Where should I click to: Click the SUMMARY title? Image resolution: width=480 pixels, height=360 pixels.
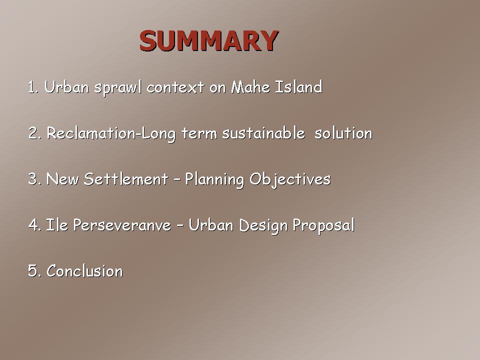[209, 40]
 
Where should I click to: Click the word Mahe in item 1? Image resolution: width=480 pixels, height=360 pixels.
[250, 87]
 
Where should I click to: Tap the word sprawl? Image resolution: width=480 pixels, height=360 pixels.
[118, 88]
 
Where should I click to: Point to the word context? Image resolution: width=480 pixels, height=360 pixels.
[175, 87]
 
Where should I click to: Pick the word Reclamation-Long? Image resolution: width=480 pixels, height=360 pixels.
[111, 134]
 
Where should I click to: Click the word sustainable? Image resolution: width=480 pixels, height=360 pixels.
[263, 133]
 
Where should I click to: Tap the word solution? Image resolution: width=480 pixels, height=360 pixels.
[343, 133]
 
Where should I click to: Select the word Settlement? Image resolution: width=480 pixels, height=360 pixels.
[126, 179]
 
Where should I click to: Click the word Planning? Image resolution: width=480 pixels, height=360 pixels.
[214, 179]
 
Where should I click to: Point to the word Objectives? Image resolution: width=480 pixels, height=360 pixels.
[290, 179]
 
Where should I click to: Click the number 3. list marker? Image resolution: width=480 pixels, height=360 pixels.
[34, 179]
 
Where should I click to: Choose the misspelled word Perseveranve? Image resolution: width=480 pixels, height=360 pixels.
[122, 225]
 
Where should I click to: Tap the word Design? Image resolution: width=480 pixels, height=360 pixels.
[263, 226]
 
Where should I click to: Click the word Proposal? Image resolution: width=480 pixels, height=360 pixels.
[324, 226]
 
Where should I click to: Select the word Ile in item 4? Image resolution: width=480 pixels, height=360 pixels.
[57, 225]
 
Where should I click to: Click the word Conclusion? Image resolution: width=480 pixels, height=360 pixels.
[84, 271]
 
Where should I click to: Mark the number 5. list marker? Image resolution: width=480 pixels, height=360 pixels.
[34, 271]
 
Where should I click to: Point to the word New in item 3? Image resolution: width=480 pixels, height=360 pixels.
[62, 179]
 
